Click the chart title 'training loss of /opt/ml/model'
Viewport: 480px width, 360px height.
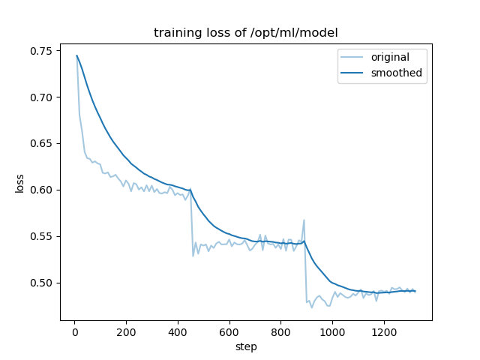click(x=246, y=33)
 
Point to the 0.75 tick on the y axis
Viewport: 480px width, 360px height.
click(x=40, y=51)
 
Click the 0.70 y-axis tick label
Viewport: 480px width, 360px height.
click(x=40, y=97)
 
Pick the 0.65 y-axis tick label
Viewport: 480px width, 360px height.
click(x=40, y=143)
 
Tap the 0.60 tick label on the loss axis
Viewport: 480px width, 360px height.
click(x=40, y=190)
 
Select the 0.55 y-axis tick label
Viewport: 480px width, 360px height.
click(x=40, y=236)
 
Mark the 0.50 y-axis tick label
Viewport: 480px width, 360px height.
click(x=40, y=283)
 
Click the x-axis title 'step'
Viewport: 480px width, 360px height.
click(x=246, y=346)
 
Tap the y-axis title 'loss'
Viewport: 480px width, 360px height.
click(x=19, y=184)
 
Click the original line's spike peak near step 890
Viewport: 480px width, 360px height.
click(x=304, y=220)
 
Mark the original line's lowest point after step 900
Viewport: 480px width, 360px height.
click(x=312, y=307)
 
